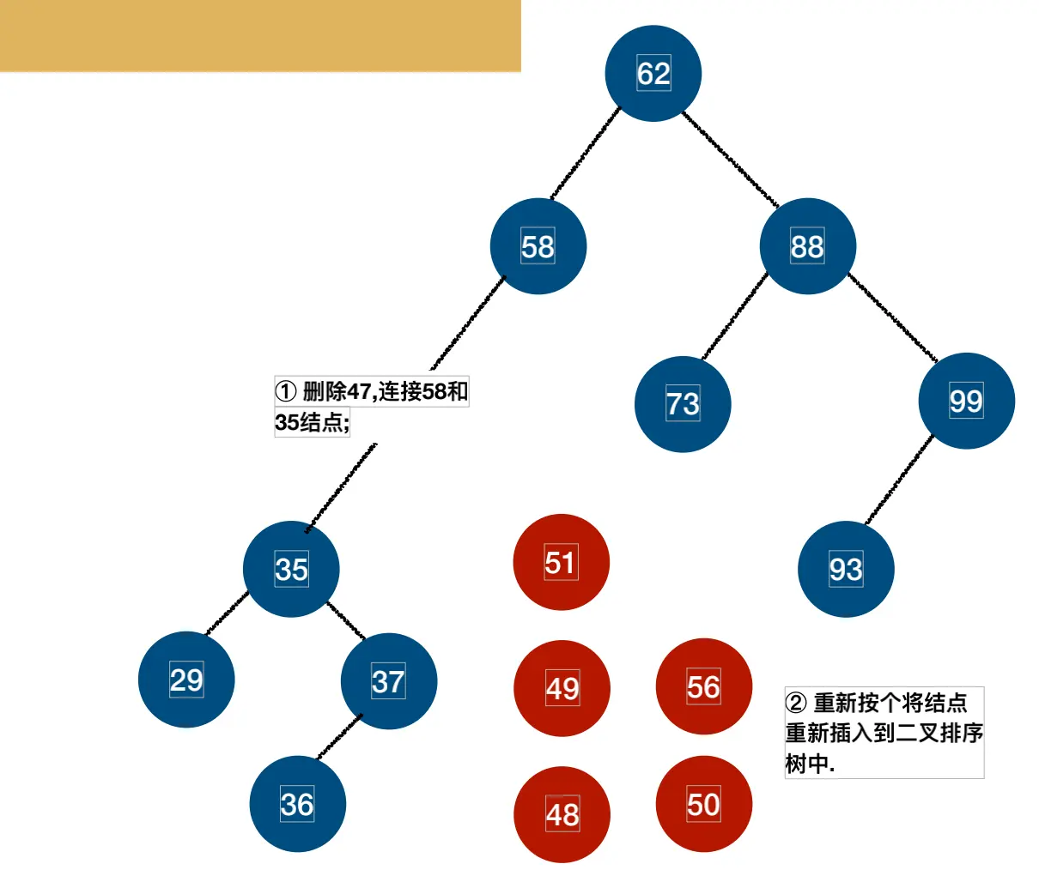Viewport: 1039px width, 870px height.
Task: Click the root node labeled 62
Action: point(653,74)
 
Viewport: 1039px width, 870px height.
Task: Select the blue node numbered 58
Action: point(538,246)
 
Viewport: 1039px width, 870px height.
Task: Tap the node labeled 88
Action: point(807,246)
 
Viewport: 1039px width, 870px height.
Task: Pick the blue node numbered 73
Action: point(683,404)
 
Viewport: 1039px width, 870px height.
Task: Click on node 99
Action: point(966,401)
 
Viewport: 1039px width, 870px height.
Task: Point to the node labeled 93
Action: point(846,569)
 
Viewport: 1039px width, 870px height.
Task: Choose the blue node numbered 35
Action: point(291,569)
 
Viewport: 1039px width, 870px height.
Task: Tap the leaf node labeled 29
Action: point(186,680)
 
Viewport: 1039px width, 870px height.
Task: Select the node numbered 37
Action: point(388,681)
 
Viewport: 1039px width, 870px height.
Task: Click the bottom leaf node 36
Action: point(297,804)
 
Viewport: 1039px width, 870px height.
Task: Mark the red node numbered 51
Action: point(561,562)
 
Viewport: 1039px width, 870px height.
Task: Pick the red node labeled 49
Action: point(562,688)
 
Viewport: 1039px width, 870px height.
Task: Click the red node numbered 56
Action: point(703,686)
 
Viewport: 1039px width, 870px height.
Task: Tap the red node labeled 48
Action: point(562,814)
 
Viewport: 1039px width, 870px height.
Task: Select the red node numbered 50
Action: point(703,804)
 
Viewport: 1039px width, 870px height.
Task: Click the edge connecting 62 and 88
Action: point(731,160)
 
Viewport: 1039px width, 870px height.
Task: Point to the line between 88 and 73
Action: point(735,315)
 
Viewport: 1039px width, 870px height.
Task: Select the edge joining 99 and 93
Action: point(899,480)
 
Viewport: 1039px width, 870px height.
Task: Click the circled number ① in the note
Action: point(285,392)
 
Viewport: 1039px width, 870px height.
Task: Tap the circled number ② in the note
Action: point(795,704)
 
